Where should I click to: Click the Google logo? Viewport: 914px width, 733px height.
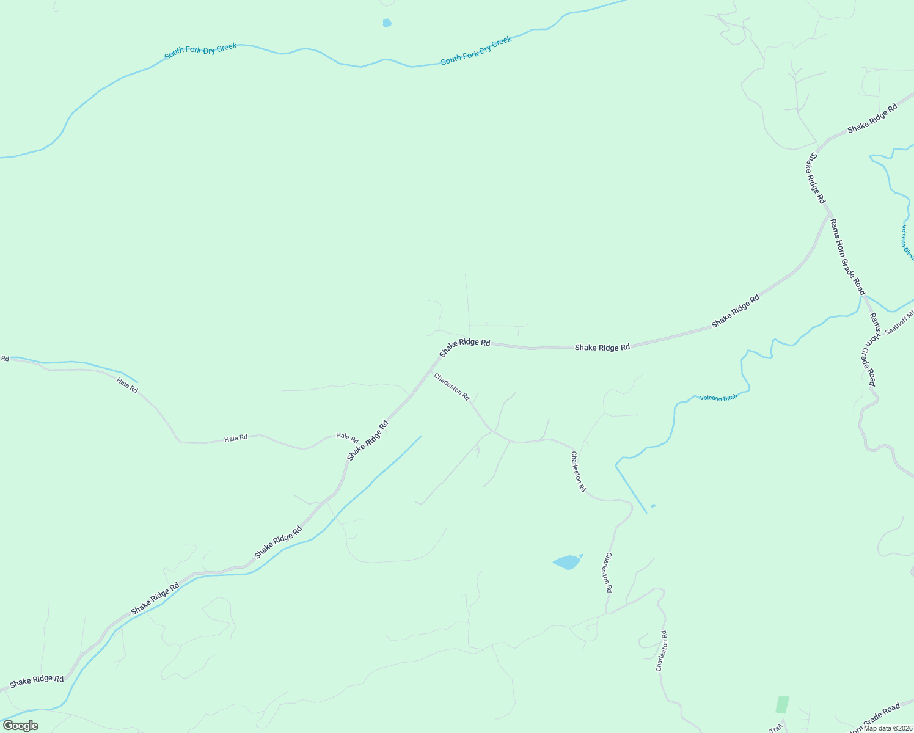[20, 726]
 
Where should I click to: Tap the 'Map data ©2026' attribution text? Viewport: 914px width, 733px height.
[888, 728]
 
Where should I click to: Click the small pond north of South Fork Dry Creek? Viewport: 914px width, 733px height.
[387, 23]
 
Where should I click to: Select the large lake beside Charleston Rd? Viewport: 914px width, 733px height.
[567, 562]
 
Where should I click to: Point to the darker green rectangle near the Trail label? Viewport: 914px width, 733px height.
[783, 704]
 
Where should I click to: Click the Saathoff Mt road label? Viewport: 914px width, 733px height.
[899, 323]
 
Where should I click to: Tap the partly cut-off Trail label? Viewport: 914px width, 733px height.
[775, 729]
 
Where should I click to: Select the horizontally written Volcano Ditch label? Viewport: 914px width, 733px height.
[718, 398]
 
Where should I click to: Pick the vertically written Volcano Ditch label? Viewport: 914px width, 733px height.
[907, 243]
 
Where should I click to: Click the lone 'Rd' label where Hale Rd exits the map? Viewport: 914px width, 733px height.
[5, 359]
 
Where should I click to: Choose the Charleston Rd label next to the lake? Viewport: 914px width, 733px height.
[607, 572]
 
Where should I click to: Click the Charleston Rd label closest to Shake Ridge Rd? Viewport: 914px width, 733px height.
[452, 387]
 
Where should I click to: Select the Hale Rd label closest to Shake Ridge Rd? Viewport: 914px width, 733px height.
[347, 437]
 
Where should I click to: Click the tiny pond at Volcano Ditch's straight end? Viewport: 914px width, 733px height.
[654, 506]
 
